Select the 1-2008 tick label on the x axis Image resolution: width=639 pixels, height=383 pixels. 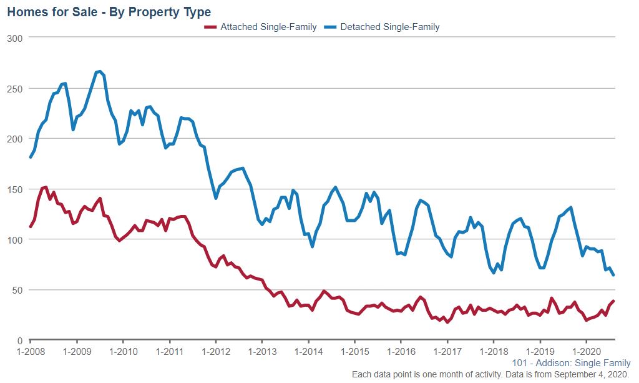[x=30, y=352]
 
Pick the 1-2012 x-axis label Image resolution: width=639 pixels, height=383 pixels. [x=215, y=352]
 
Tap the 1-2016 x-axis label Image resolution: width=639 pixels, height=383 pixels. [x=401, y=352]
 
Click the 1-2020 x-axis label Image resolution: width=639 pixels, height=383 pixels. [x=586, y=352]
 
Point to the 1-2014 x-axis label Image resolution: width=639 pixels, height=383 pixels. [x=308, y=352]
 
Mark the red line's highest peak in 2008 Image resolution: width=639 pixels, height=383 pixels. [x=45, y=187]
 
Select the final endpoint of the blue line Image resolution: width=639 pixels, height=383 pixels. [x=613, y=275]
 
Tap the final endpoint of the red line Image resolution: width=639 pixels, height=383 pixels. [x=613, y=301]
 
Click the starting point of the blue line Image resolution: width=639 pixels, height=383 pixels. [x=30, y=157]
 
